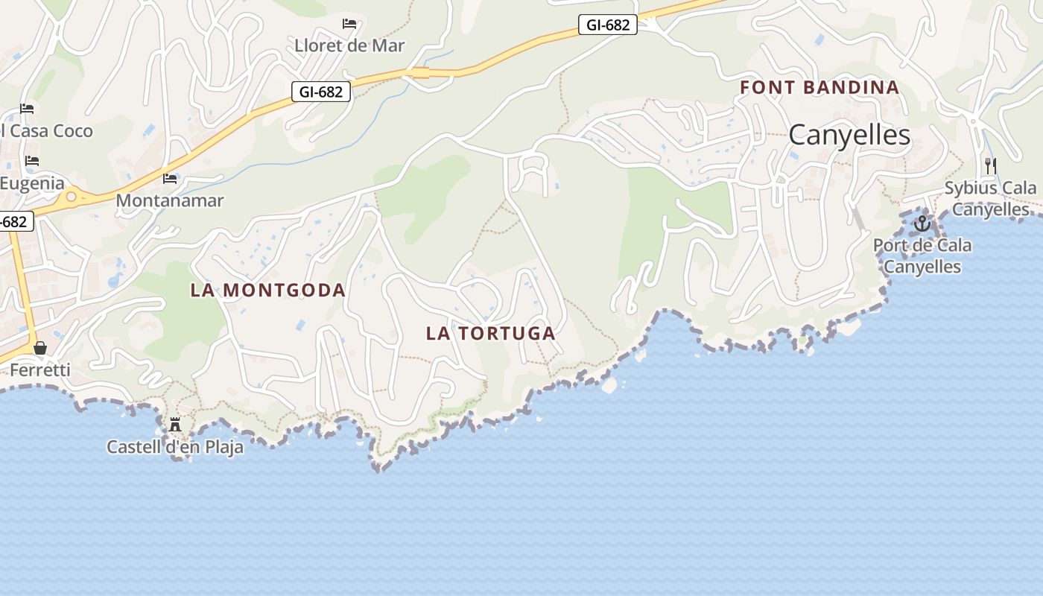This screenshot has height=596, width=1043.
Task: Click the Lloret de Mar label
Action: (x=349, y=45)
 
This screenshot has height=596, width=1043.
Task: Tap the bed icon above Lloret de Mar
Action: (x=349, y=24)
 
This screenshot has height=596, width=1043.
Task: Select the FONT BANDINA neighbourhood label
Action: (x=819, y=87)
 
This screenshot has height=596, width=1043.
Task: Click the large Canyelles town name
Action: (x=849, y=135)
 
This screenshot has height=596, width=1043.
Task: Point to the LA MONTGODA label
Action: (x=268, y=290)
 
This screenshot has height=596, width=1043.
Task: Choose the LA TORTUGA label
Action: (x=491, y=333)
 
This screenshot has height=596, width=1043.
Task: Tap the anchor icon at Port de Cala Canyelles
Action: (x=922, y=223)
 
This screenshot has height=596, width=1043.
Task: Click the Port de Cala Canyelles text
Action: (x=922, y=256)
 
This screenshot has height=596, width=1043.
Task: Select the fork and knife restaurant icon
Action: (x=990, y=165)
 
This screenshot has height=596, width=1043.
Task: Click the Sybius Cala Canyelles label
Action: (x=990, y=198)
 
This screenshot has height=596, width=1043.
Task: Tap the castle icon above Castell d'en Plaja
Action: (x=175, y=425)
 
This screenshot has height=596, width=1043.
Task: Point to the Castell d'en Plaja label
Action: (x=175, y=447)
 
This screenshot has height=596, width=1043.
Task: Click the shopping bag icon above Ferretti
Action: (x=40, y=348)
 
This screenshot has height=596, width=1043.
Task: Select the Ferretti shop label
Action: (x=40, y=370)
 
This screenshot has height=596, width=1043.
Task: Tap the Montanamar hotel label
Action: (x=170, y=200)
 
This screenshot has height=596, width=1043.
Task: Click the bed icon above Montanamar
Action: (x=170, y=179)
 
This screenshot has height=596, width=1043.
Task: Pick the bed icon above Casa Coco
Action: (x=28, y=109)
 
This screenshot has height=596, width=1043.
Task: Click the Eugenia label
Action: (x=32, y=183)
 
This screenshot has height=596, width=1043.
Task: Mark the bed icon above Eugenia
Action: (x=31, y=161)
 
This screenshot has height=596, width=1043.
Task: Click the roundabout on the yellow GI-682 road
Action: (x=72, y=197)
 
